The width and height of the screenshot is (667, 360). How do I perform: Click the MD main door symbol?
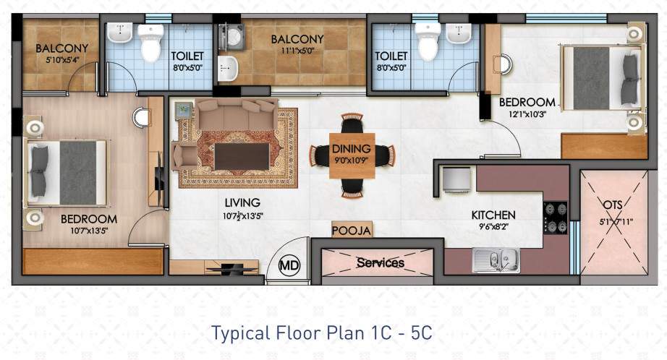coord(290,265)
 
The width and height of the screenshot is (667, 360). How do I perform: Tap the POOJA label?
coord(352,231)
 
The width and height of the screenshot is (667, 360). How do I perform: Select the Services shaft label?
coord(380,263)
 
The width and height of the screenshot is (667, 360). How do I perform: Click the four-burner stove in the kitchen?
coord(556,218)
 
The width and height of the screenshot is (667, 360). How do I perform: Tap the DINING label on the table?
coord(352,149)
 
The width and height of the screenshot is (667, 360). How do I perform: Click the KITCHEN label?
coord(493,215)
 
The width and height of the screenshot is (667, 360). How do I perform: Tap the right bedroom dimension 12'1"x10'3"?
coord(527,115)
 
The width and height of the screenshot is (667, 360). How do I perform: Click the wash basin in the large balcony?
coord(227,68)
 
